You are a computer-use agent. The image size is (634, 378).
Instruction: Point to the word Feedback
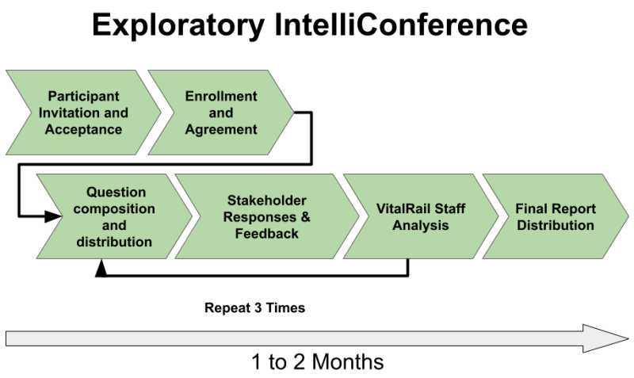pyautogui.click(x=265, y=234)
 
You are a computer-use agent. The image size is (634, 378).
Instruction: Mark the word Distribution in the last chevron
pyautogui.click(x=555, y=226)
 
